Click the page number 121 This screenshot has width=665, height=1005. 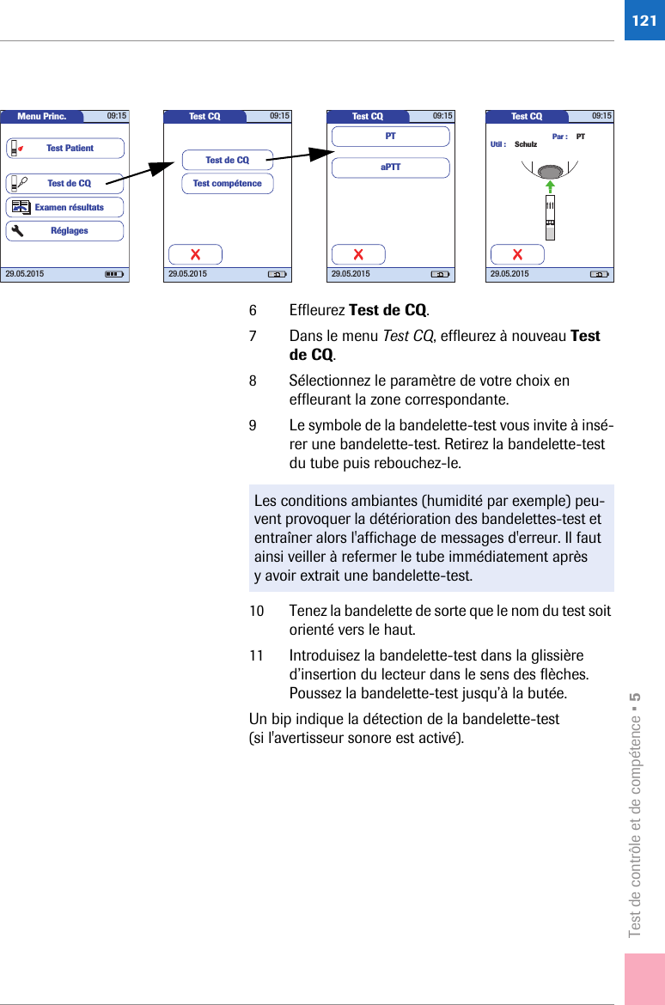point(643,20)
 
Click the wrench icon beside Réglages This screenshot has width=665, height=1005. point(18,231)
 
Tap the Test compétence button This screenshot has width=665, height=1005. point(228,183)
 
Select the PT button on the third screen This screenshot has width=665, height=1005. point(391,137)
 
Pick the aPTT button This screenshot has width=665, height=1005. point(391,167)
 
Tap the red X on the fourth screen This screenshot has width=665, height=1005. point(517,254)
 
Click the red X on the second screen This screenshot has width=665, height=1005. point(195,254)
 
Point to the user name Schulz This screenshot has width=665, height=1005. point(526,144)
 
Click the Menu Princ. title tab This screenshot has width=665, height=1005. point(42,117)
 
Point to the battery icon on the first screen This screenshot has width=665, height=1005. point(113,274)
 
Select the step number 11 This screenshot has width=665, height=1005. point(256,655)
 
